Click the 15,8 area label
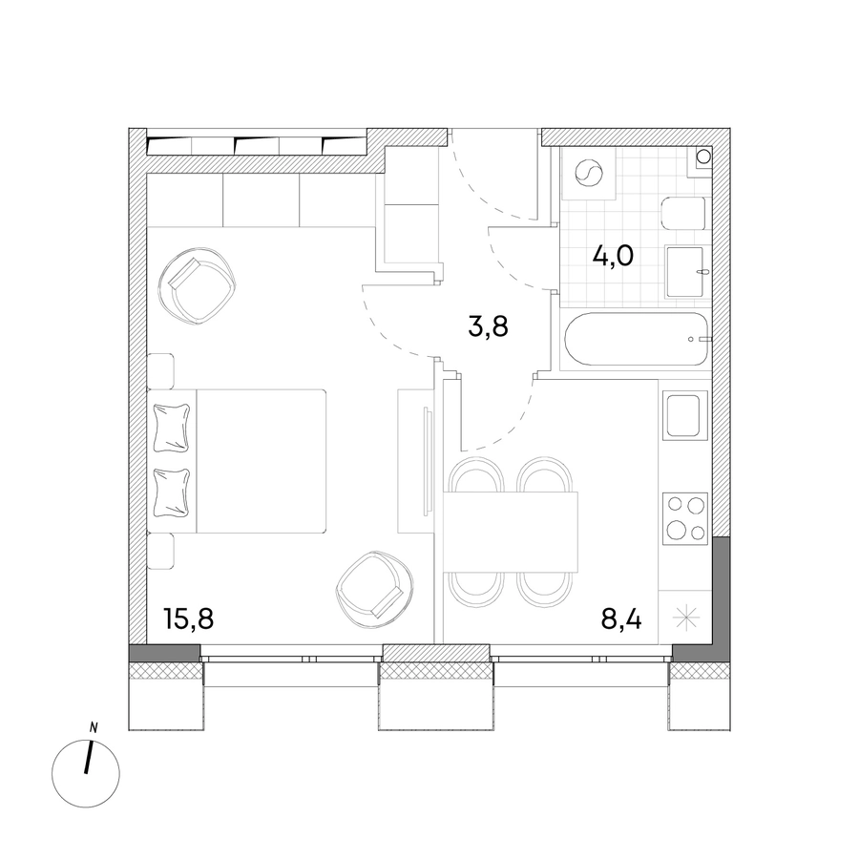(x=188, y=619)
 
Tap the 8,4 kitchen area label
(x=620, y=619)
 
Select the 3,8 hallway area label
(x=488, y=327)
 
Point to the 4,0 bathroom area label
(x=613, y=256)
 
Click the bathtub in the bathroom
(x=635, y=339)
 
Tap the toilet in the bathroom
(x=683, y=214)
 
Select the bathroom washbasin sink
(x=684, y=272)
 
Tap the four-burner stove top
(x=684, y=518)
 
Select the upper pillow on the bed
(x=173, y=428)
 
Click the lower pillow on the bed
(x=173, y=493)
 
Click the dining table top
(x=511, y=532)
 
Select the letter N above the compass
(x=94, y=728)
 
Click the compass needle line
(x=89, y=758)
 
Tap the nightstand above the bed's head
(x=161, y=371)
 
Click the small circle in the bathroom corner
(x=702, y=157)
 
